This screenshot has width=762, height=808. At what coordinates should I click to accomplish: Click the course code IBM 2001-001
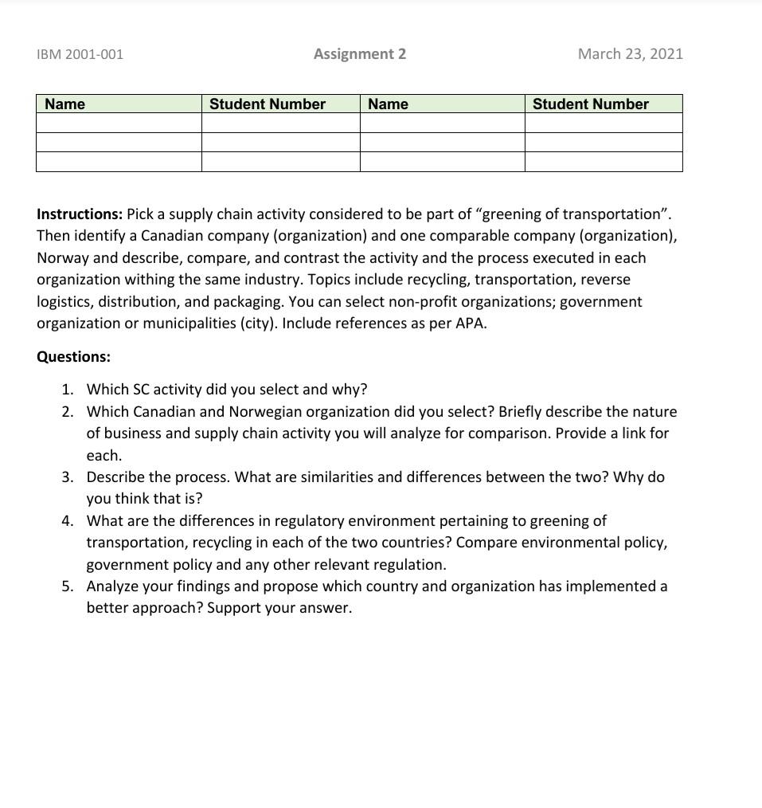tap(80, 54)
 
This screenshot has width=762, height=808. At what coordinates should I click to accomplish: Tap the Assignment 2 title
tap(359, 54)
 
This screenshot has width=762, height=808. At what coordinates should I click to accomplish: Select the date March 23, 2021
tap(630, 54)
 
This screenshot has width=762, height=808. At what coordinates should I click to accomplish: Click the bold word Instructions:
tap(80, 214)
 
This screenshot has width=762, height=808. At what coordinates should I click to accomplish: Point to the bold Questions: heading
tap(73, 356)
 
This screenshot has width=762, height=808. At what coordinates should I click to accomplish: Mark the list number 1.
tap(68, 390)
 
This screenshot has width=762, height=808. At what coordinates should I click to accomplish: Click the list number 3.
tap(68, 477)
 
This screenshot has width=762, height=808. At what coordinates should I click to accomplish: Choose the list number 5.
tap(68, 586)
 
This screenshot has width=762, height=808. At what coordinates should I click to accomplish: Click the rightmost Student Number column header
tap(590, 104)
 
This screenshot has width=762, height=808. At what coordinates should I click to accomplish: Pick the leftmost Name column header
tap(64, 104)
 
